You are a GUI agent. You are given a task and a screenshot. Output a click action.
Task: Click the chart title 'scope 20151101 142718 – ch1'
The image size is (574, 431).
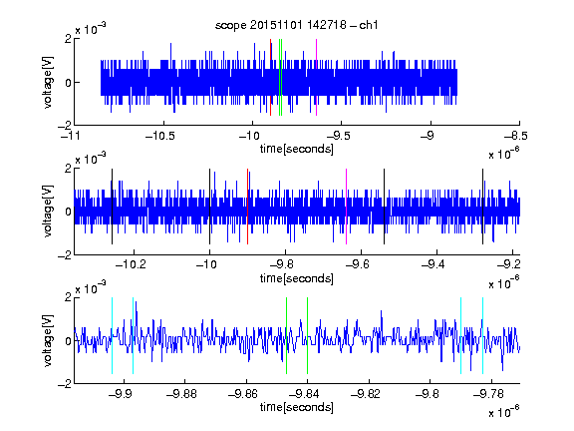coord(297,25)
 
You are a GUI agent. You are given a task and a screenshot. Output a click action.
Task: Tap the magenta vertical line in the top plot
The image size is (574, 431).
coord(316,78)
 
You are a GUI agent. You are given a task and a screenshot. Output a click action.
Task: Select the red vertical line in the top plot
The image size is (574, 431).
coord(270,78)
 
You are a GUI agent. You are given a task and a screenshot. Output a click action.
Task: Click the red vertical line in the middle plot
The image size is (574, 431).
coord(247,207)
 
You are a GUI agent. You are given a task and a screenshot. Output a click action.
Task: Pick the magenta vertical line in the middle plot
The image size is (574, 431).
coord(347,207)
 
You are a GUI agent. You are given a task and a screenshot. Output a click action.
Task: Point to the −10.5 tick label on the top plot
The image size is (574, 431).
coord(160,136)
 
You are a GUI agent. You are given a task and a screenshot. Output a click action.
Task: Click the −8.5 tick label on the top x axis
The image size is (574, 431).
coord(516,136)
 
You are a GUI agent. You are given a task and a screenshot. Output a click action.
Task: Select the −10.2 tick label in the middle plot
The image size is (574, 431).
coord(131,264)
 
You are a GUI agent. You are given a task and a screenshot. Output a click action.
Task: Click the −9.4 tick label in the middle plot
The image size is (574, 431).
coord(433,264)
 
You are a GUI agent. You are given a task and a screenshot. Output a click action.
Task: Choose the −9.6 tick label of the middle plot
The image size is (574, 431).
coord(358,264)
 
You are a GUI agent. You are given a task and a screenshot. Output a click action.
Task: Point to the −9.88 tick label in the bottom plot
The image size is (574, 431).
coord(181,394)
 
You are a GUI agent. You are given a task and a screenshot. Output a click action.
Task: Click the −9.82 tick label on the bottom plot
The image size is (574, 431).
coord(366,394)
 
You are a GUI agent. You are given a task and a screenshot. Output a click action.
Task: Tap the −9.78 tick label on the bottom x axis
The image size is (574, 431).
coord(488,394)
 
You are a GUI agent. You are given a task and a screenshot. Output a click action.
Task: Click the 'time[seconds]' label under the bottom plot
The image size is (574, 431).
coord(297,407)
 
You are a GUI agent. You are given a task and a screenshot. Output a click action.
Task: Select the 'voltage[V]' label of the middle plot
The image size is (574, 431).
coord(48,211)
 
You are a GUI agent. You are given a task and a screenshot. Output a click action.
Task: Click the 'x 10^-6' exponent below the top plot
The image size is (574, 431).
coord(504,154)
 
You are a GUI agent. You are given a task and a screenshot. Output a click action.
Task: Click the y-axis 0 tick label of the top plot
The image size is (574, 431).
coord(68,83)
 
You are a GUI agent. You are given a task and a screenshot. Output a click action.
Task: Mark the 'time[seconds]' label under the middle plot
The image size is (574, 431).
coord(297,278)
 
